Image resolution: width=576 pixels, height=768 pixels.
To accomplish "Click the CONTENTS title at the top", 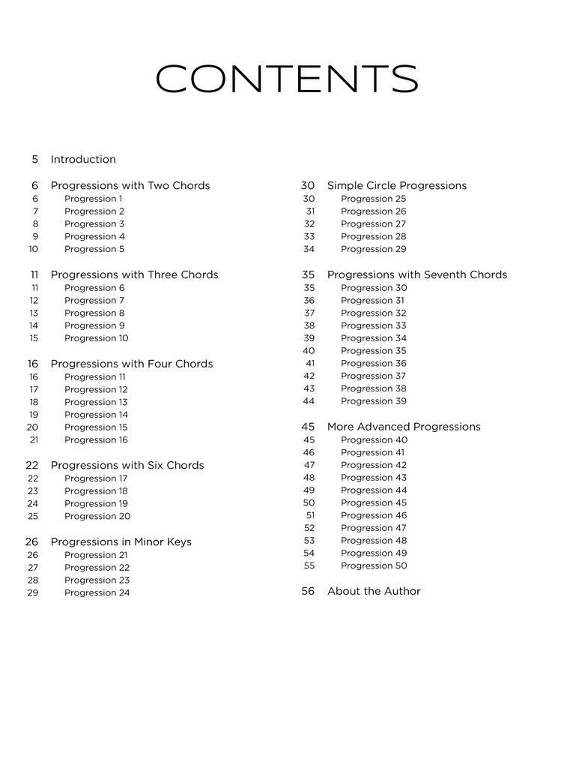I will tap(287, 79).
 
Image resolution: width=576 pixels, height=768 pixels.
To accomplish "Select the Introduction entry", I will tap(83, 159).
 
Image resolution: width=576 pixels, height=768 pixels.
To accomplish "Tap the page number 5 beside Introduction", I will tap(34, 159).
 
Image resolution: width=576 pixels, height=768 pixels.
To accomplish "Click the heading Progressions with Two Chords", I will tap(130, 185).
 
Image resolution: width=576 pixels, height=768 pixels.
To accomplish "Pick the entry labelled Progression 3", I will tap(94, 223).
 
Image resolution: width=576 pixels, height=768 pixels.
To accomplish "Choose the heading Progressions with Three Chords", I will tap(134, 274).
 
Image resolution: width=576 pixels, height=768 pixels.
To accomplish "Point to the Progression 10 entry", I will tap(96, 338).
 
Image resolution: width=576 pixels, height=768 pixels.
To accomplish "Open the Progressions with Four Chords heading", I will tap(132, 364).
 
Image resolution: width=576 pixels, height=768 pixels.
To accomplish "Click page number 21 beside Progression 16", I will tap(34, 440).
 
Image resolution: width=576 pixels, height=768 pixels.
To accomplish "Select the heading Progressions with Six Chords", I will tap(127, 465).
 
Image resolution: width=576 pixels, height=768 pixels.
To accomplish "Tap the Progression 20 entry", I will tap(97, 516).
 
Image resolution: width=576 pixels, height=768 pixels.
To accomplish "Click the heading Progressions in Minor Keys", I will tap(121, 541).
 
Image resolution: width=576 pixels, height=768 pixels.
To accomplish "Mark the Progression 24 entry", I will tap(97, 592).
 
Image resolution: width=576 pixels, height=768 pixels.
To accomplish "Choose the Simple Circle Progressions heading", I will tap(397, 185).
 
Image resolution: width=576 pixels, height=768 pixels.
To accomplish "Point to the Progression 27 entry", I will tap(373, 223).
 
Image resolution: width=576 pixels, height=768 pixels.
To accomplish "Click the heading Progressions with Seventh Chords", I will tap(417, 274).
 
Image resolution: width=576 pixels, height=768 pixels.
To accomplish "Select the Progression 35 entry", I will tap(373, 351).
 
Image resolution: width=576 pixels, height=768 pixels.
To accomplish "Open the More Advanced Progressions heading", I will tap(404, 427).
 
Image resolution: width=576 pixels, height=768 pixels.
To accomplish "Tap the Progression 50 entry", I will tap(374, 565).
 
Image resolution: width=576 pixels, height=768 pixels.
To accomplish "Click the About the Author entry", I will tap(374, 591).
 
